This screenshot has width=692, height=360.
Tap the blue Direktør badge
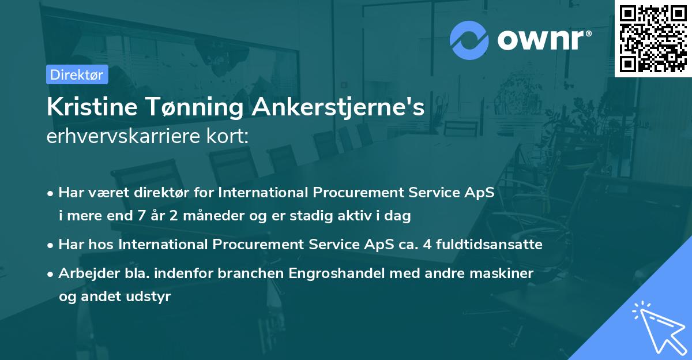point(77,74)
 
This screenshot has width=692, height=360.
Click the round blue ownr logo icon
point(469,41)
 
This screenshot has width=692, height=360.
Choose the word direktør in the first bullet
point(149,192)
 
